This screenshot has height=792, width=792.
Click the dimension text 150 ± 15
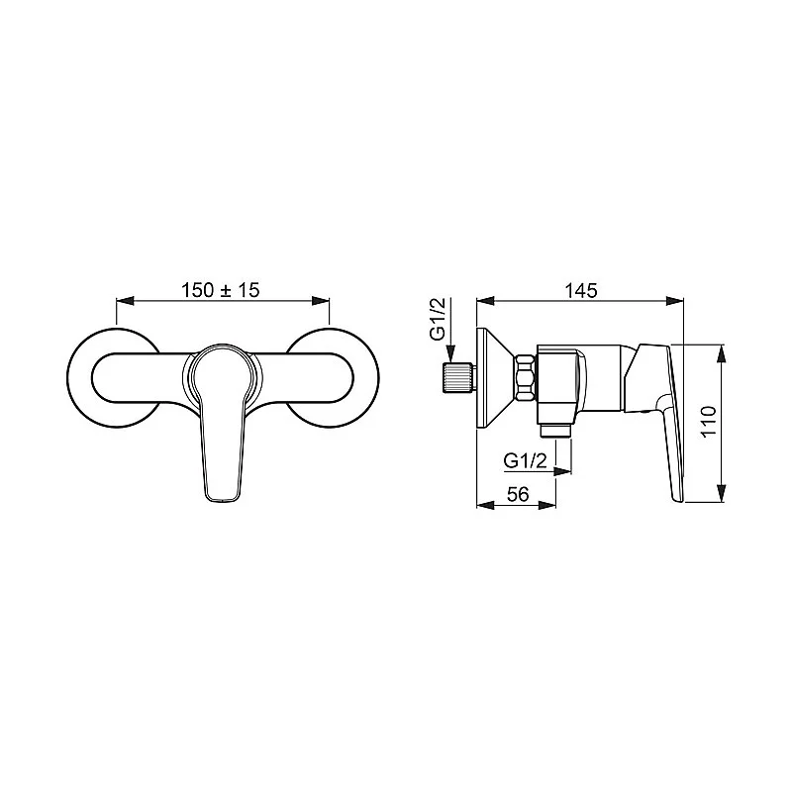click(220, 290)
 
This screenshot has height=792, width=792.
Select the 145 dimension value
click(581, 290)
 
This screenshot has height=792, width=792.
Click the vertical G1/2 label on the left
click(437, 319)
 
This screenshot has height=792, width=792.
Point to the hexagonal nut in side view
click(525, 378)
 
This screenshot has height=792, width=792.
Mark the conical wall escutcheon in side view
click(495, 378)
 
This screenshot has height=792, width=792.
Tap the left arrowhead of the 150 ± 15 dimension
click(123, 300)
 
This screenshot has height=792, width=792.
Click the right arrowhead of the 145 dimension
click(678, 300)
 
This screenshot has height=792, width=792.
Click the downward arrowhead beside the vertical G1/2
click(451, 355)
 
